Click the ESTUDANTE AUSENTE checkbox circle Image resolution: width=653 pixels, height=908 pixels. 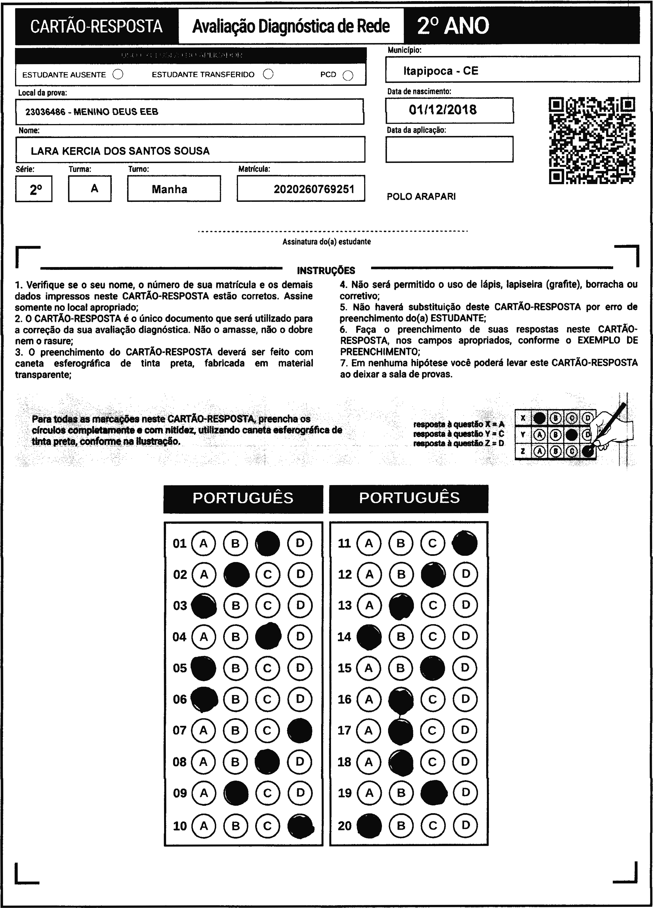coord(118,74)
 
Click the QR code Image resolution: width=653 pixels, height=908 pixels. coord(592,141)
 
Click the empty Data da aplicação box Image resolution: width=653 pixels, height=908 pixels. coord(449,149)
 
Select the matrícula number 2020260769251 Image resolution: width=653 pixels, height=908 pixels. coord(314,189)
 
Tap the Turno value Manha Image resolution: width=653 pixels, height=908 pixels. coord(169,189)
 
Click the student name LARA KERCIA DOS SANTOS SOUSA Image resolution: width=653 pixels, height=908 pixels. coord(120,151)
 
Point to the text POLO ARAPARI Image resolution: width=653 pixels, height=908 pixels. coord(421,197)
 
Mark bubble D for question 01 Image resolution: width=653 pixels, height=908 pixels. coord(300,543)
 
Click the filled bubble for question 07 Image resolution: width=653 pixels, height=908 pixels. coord(300,731)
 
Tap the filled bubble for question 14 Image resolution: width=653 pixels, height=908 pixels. coord(369,636)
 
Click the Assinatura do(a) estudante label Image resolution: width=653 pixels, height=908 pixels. coord(326,242)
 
